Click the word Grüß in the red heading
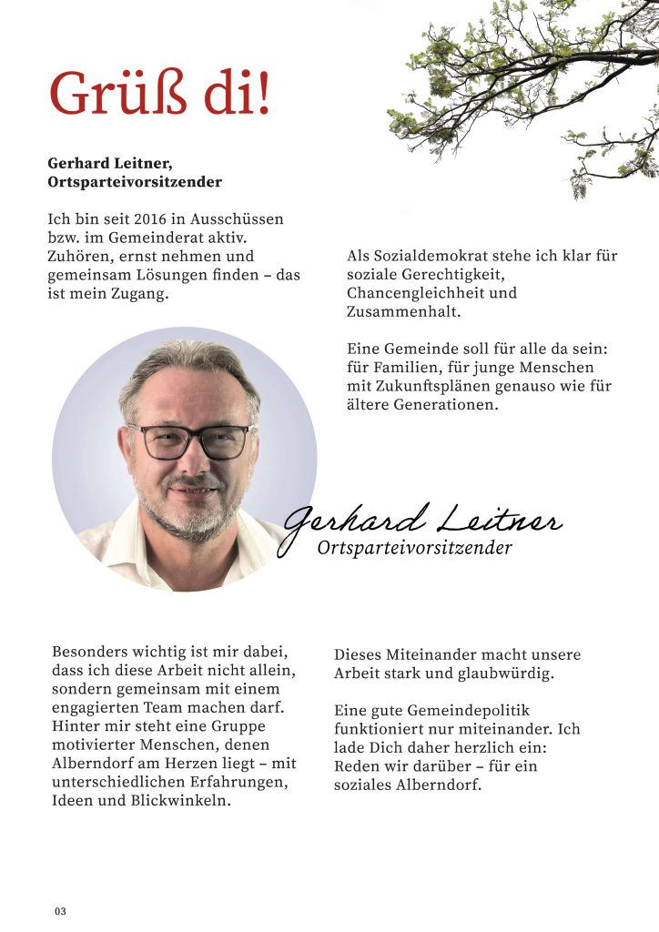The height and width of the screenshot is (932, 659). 106,94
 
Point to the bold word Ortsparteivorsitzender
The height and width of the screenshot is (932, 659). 135,182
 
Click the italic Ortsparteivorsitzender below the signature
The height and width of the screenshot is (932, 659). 414,548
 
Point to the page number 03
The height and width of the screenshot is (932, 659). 60,911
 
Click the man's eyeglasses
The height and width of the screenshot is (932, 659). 192,441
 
